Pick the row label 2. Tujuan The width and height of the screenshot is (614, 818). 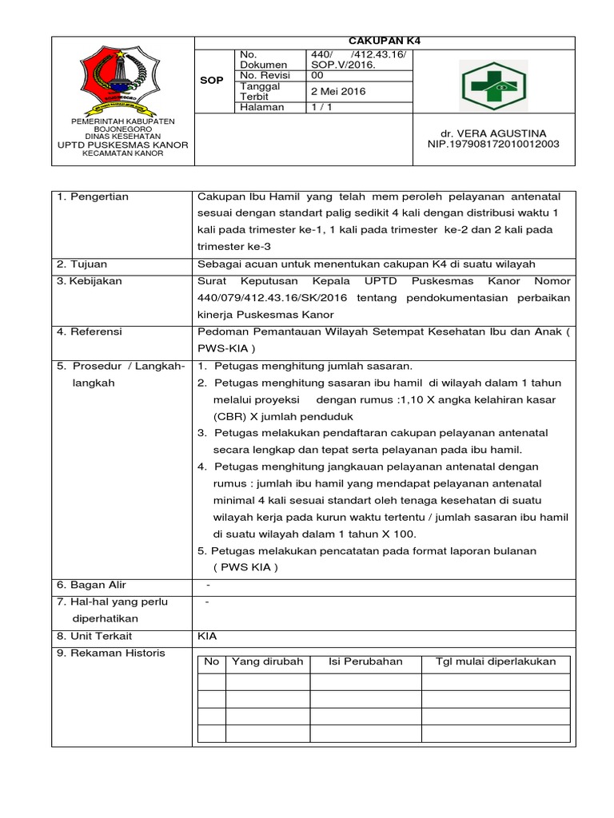(x=82, y=264)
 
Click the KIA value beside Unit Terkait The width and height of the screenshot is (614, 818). (x=207, y=636)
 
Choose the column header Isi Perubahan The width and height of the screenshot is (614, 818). (x=365, y=662)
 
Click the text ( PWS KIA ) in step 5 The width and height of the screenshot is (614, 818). (x=245, y=567)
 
